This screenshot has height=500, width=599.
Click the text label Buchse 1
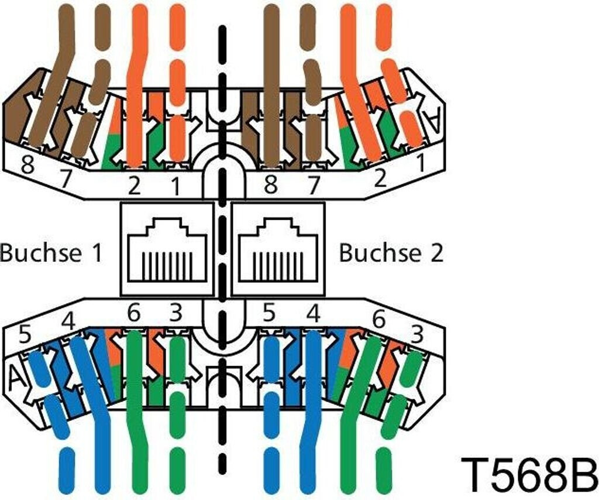[51, 253]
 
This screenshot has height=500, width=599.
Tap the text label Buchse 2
[391, 253]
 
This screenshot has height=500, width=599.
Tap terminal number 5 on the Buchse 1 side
[25, 335]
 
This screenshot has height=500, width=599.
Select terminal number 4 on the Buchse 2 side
[314, 314]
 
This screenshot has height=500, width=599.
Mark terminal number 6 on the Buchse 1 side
[134, 314]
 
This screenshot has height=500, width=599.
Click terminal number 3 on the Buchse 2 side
[417, 335]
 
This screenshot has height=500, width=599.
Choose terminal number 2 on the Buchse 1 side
[135, 186]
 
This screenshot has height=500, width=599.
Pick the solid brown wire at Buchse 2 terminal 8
[271, 88]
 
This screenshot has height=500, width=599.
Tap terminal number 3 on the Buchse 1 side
[175, 314]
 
